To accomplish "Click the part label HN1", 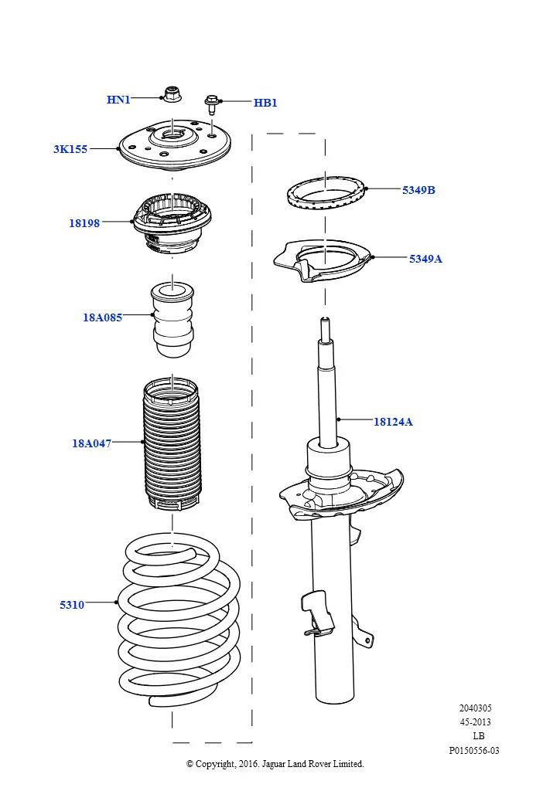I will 118,100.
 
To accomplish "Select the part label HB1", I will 265,103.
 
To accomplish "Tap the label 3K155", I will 70,149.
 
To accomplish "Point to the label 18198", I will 84,223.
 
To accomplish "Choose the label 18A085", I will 103,317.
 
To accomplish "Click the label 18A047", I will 92,443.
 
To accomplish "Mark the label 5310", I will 72,605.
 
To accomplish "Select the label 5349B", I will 418,190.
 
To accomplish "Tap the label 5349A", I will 425,259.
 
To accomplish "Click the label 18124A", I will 393,422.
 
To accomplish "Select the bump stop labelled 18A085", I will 172,318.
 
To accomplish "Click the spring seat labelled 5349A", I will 325,263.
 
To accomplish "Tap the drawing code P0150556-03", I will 474,750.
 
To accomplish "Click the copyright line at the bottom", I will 275,764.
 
